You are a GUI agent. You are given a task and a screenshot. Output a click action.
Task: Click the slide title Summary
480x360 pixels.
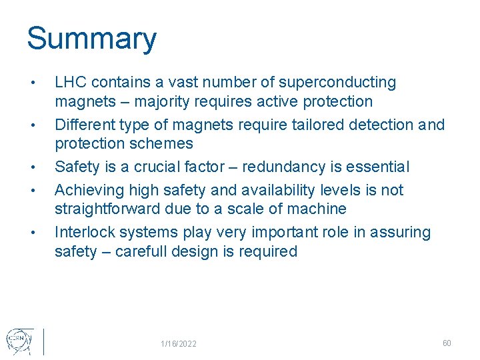(x=91, y=39)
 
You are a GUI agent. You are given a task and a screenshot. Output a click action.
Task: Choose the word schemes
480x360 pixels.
(x=163, y=144)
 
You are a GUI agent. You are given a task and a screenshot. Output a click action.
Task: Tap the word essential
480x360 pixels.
(x=378, y=167)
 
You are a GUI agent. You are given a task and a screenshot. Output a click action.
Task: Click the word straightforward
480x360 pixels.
(x=109, y=209)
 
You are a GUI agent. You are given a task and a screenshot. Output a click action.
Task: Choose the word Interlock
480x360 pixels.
(x=83, y=232)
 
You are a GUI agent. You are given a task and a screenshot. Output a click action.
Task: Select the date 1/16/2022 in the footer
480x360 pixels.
(x=179, y=344)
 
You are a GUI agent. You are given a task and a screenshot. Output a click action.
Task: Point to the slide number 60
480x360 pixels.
(x=447, y=343)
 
